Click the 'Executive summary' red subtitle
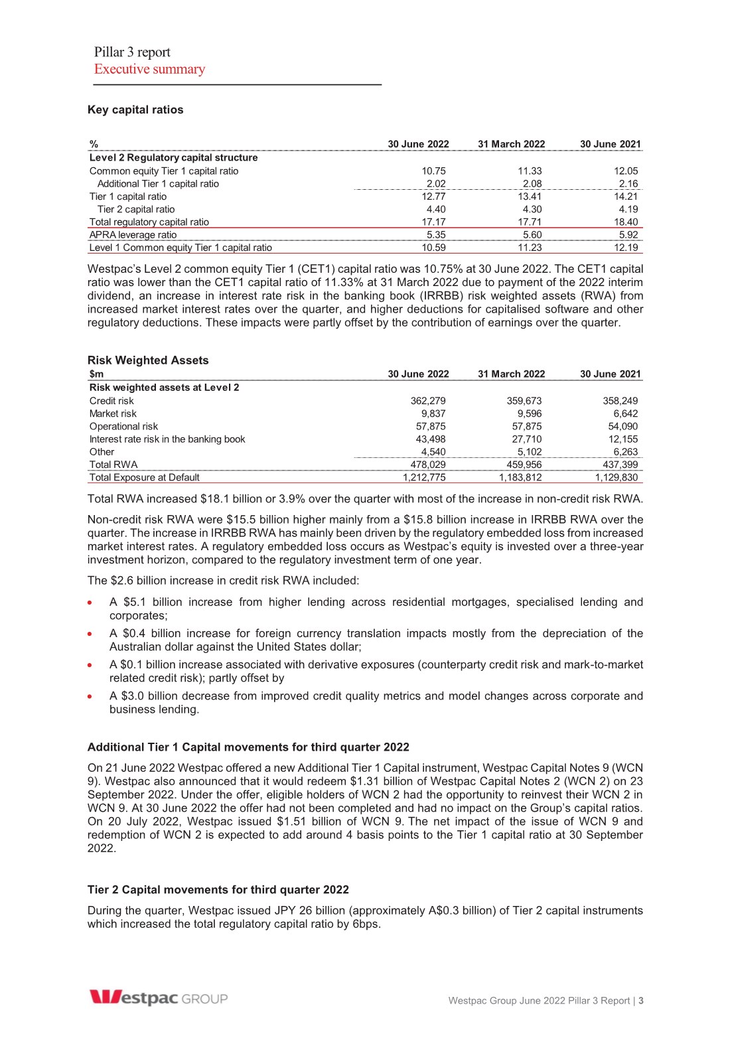tap(149, 69)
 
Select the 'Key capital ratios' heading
tap(135, 110)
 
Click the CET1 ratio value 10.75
tap(433, 171)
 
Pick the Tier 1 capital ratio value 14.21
tap(626, 196)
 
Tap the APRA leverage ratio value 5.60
tap(530, 235)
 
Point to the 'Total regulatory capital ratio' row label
tap(149, 222)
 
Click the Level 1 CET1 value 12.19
tap(626, 248)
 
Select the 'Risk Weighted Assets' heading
tap(148, 360)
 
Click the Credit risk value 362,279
tap(428, 401)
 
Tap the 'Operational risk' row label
tap(124, 427)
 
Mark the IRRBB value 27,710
tap(527, 439)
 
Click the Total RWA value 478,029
tap(428, 465)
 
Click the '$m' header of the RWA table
tap(97, 374)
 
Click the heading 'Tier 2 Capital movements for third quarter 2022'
tap(218, 889)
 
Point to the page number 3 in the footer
tap(641, 1000)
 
